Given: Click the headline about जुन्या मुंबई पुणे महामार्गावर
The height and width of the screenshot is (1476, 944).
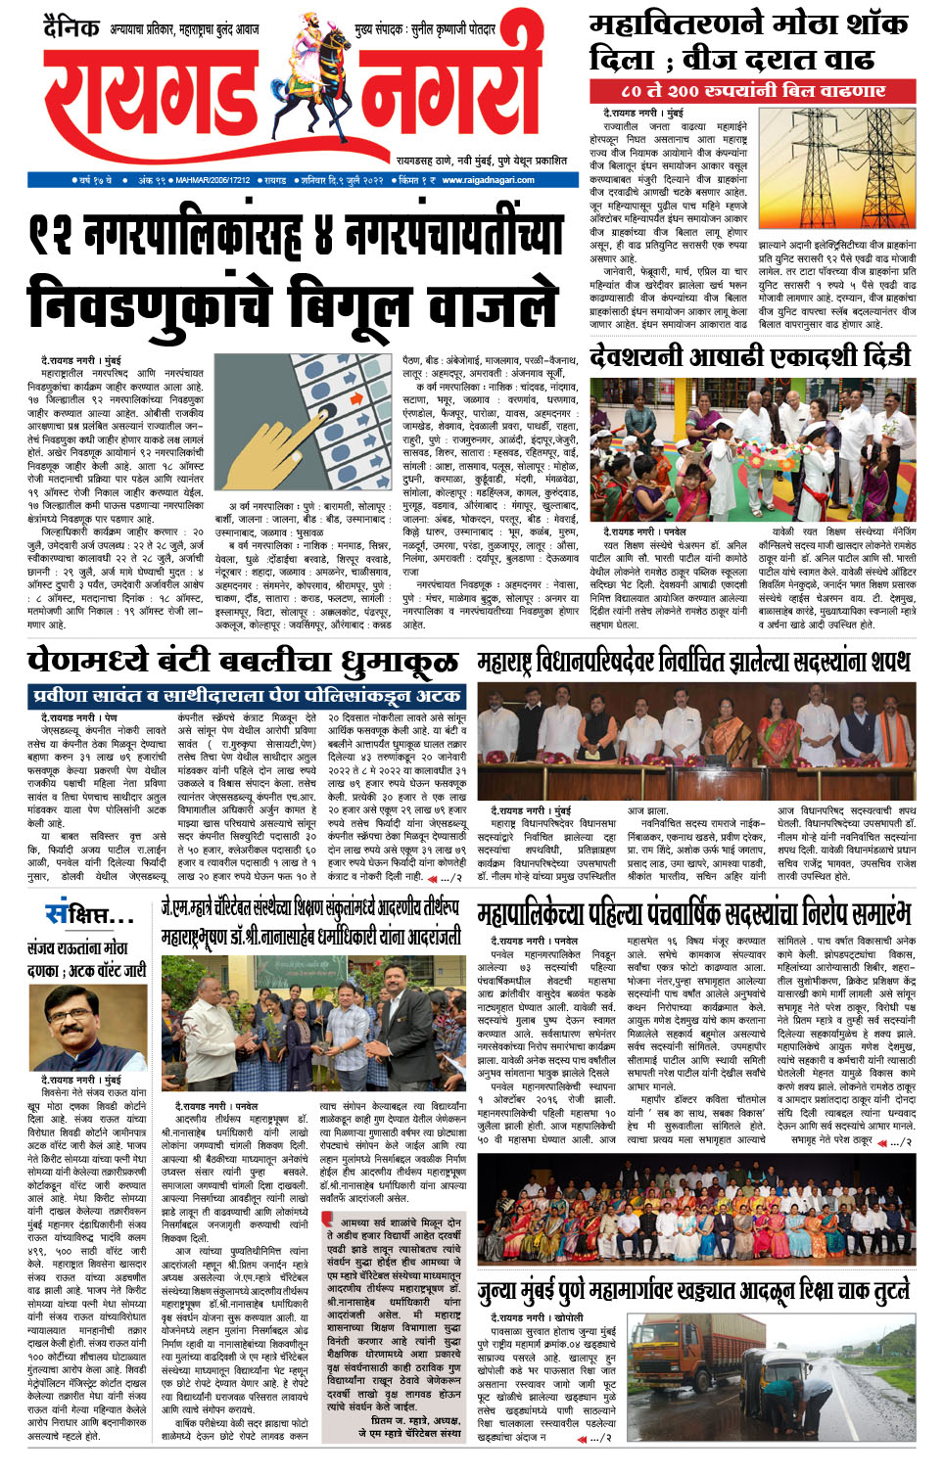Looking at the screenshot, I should (x=694, y=1293).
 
